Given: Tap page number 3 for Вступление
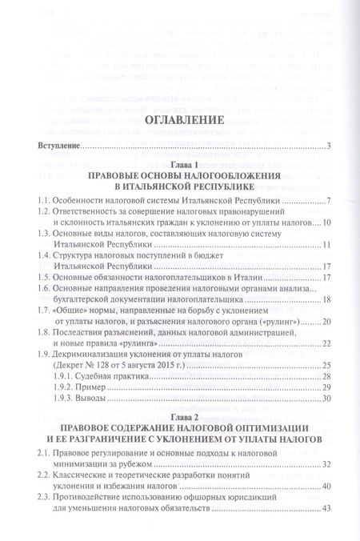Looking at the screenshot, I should point(329,146).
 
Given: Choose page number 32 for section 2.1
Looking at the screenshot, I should point(326,487).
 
